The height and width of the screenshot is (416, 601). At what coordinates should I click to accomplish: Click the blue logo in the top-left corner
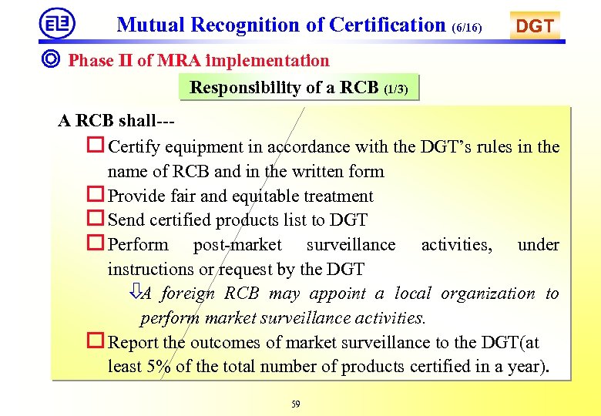point(57,24)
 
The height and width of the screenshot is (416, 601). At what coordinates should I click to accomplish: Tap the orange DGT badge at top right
point(534,27)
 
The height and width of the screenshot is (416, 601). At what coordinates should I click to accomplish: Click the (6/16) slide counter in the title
point(467,28)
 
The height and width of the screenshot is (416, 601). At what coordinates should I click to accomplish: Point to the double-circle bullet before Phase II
point(54,60)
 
